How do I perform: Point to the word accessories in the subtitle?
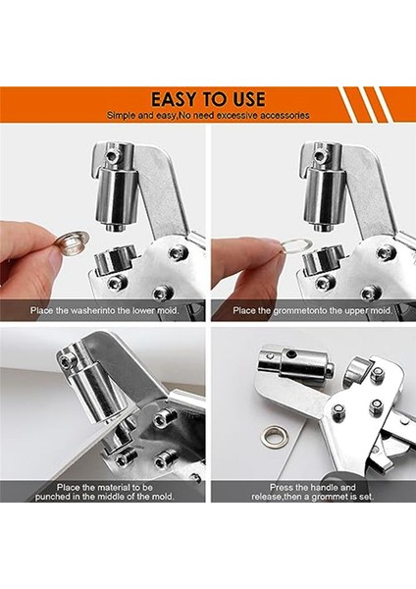tap(286, 115)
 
